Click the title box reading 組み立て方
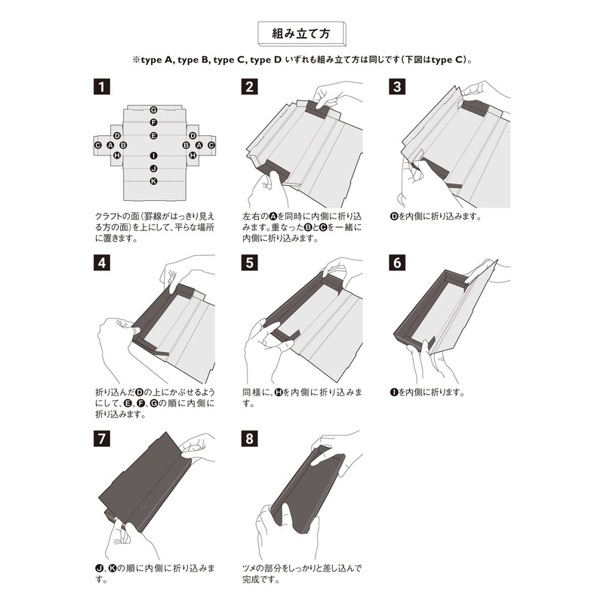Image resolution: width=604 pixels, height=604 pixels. point(301,34)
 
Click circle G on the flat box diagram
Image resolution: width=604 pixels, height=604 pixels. point(153,110)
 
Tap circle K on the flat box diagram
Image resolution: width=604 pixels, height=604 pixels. point(153,181)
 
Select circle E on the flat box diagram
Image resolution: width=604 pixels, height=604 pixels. point(153,136)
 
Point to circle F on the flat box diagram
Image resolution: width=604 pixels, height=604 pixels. point(153,122)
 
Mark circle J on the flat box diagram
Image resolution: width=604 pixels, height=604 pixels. point(153,168)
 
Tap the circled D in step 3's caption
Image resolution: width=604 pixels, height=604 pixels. point(393,216)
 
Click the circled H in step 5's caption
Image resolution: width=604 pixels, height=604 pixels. point(278,393)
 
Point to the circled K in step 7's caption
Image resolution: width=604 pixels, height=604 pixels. point(112,568)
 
